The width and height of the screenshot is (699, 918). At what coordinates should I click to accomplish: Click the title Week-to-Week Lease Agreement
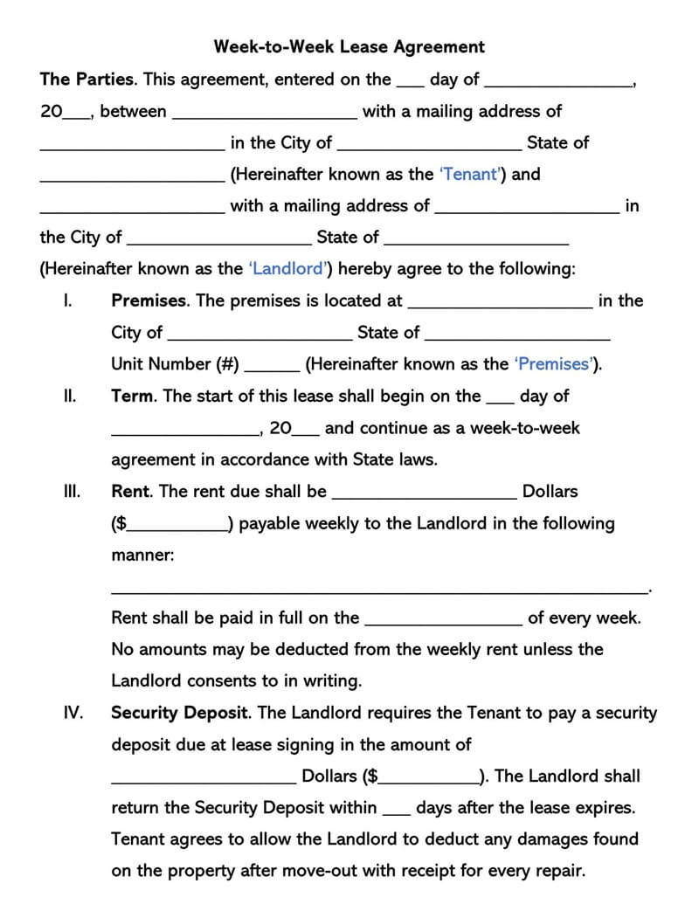click(349, 46)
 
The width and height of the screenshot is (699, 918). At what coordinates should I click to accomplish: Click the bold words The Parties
click(87, 79)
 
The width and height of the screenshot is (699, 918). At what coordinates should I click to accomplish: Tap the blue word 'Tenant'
click(472, 174)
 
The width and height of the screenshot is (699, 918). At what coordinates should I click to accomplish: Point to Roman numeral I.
click(67, 300)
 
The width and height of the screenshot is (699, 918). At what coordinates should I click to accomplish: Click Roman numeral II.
click(69, 396)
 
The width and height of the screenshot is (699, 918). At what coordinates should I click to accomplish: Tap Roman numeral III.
click(72, 491)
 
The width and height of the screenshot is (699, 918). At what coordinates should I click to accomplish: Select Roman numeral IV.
click(73, 713)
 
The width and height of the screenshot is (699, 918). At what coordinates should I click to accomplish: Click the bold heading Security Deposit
click(181, 713)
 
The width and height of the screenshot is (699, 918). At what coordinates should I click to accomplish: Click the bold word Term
click(133, 396)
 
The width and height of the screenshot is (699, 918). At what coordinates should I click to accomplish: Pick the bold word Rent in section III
click(131, 491)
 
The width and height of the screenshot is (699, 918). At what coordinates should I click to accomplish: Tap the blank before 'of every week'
click(443, 623)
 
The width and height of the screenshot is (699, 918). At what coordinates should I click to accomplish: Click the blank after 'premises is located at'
click(500, 306)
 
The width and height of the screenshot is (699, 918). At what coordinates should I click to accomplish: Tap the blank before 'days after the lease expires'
click(396, 812)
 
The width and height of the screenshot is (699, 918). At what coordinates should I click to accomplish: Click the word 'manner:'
click(142, 555)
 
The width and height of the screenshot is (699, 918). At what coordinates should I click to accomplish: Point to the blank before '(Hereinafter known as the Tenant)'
click(132, 179)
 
